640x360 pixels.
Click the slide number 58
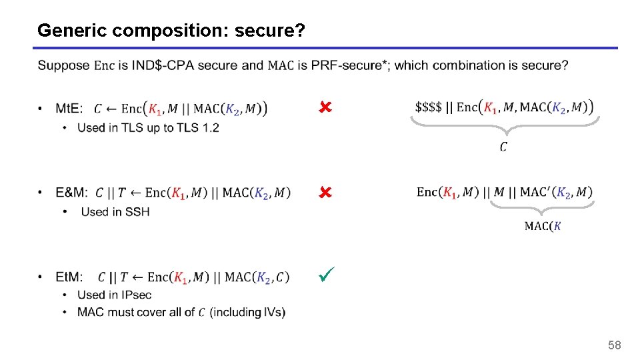[x=614, y=345]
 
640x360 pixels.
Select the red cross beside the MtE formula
[x=325, y=107]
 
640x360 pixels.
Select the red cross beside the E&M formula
[x=325, y=193]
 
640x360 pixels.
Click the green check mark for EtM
[x=326, y=273]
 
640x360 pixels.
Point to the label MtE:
[x=69, y=109]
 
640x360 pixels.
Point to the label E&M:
[x=71, y=193]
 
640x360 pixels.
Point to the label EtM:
[x=69, y=277]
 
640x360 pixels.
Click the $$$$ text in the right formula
[x=428, y=107]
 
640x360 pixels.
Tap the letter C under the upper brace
[x=503, y=147]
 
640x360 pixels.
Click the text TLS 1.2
[x=197, y=127]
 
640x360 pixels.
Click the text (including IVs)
[x=247, y=312]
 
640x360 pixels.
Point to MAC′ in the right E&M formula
[x=535, y=193]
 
